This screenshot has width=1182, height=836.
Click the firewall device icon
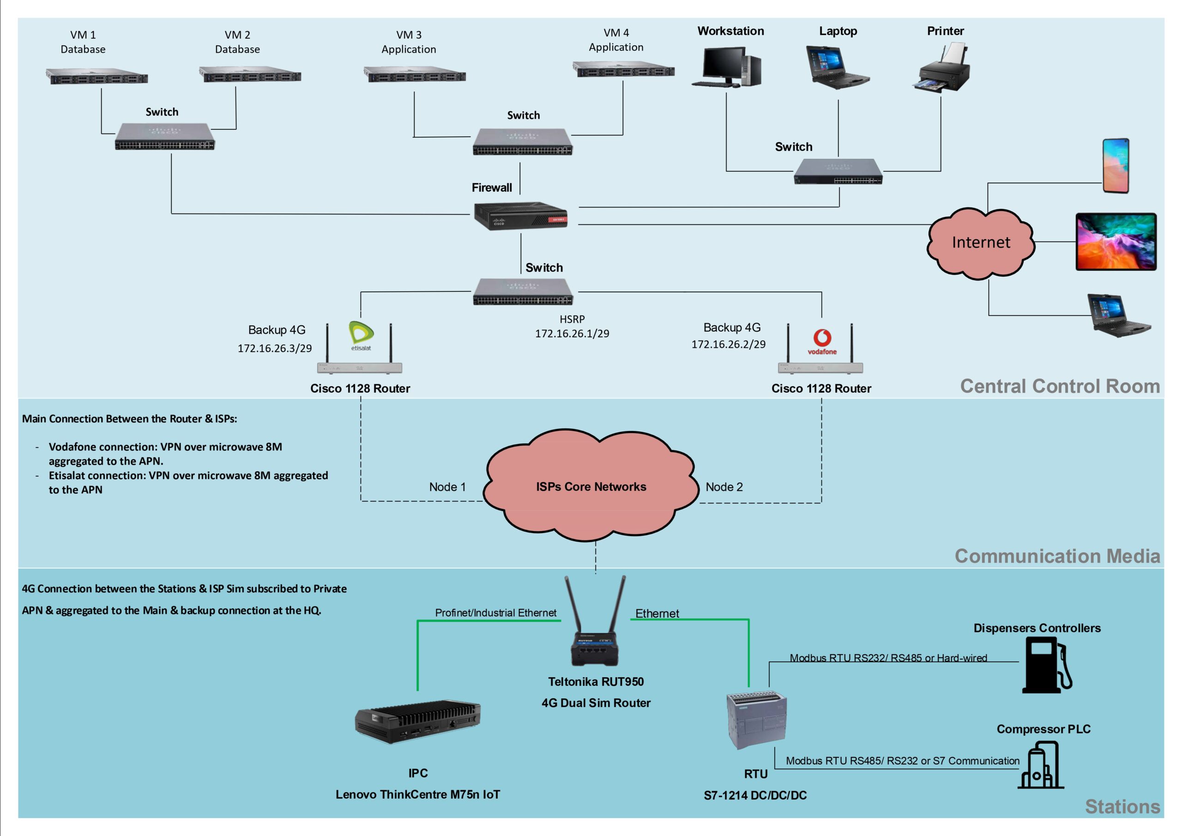point(520,216)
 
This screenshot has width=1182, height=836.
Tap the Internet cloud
point(981,242)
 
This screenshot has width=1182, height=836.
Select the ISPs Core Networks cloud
point(591,486)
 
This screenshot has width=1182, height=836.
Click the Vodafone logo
point(822,341)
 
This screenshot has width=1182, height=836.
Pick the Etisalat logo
point(362,335)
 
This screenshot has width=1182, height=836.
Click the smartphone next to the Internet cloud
point(1116,166)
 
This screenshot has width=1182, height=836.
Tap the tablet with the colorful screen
point(1116,242)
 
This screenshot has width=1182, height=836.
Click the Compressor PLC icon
point(1040,765)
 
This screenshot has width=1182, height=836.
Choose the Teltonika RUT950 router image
point(595,626)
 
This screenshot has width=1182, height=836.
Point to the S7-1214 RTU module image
point(756,720)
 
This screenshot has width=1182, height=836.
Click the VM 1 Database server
point(97,77)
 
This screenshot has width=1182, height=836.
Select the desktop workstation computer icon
point(726,67)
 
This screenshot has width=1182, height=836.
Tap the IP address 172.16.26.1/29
point(572,334)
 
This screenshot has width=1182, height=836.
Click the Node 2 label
point(724,487)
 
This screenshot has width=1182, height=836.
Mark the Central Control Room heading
point(1060,386)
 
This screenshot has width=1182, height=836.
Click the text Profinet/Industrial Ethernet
point(495,612)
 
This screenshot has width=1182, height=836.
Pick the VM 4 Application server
point(623,69)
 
